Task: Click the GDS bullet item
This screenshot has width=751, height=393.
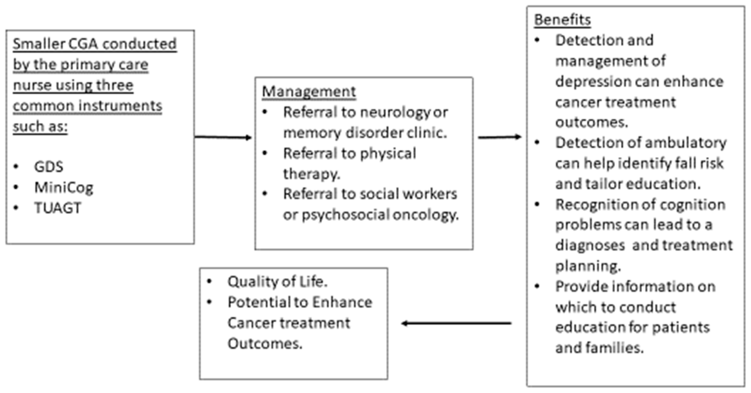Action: click(48, 167)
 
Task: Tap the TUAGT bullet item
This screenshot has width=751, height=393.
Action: click(58, 208)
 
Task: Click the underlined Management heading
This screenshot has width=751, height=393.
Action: click(309, 91)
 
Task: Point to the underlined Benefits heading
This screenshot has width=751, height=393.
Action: click(563, 20)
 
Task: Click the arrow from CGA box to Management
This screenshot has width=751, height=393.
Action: click(223, 137)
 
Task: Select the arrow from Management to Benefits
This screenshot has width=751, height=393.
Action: click(499, 137)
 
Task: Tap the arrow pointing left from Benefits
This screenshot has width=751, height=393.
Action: click(456, 323)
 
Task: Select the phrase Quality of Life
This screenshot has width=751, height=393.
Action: click(277, 282)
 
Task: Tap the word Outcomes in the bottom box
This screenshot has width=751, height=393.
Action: click(265, 344)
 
